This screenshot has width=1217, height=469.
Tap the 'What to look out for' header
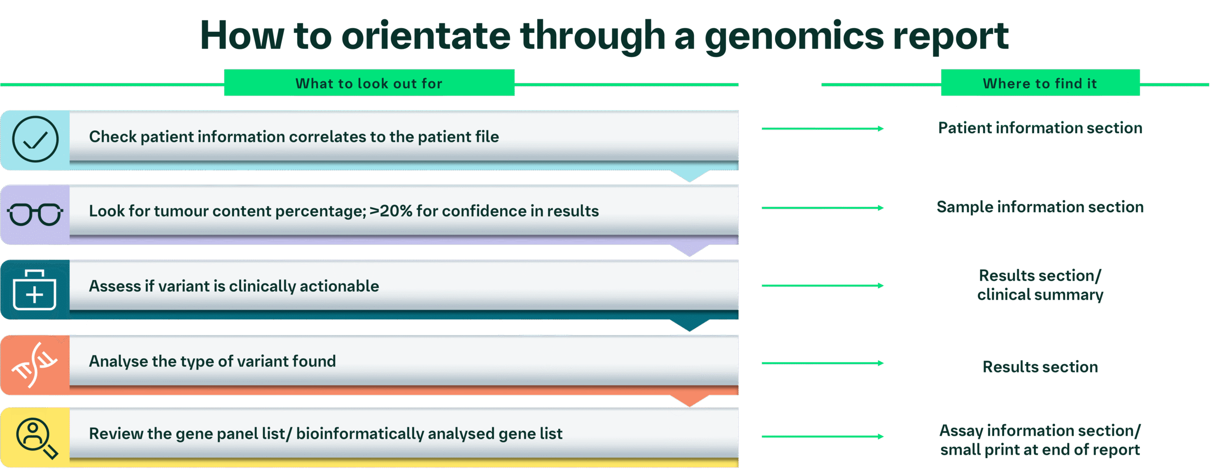pos(369,83)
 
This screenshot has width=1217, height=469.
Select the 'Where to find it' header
pos(1040,83)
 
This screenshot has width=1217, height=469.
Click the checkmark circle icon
pos(35,139)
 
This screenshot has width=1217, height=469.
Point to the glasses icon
pos(35,214)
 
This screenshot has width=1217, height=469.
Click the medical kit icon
pos(35,290)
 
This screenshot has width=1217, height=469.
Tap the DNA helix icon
pos(35,365)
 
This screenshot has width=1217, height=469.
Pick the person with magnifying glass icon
pos(37,438)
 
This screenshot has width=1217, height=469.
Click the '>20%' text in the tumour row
pos(391,211)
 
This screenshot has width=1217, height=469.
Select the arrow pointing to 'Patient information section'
pos(822,128)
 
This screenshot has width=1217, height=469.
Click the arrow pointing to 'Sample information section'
pos(822,208)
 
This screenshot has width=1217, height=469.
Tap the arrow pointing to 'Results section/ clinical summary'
pos(822,285)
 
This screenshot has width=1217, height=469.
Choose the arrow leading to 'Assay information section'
pos(822,436)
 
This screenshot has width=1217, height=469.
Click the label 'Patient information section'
pos(1040,128)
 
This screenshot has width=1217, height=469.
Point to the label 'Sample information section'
pos(1040,207)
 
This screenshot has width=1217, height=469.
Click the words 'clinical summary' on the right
pos(1040,295)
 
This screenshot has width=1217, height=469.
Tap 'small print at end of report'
pos(1040,449)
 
